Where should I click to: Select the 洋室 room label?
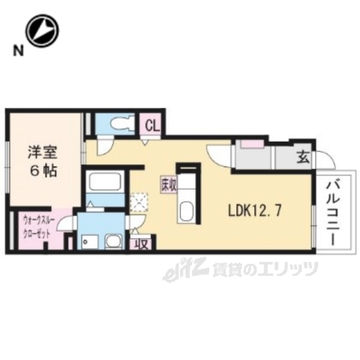(46, 150)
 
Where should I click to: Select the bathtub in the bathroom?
(102, 182)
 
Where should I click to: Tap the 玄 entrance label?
(301, 157)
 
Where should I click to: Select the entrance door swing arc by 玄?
(324, 160)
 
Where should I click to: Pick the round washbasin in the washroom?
(114, 241)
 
